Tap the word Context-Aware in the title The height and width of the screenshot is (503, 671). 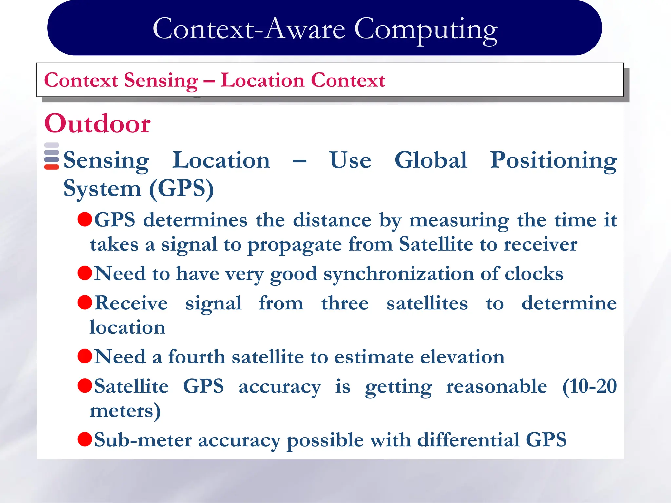point(249,29)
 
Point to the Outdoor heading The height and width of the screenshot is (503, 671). point(97,123)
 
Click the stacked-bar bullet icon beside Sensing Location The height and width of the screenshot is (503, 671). point(51,156)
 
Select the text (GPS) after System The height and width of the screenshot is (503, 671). point(181,189)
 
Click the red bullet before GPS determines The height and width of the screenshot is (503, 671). point(85,219)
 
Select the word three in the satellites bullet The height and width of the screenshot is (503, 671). point(345,303)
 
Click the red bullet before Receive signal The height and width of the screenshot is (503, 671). point(85,302)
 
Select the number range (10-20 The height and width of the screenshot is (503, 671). point(589,386)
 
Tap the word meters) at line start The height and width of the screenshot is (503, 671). point(125,411)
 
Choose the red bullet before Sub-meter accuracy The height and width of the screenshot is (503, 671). point(85,439)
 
